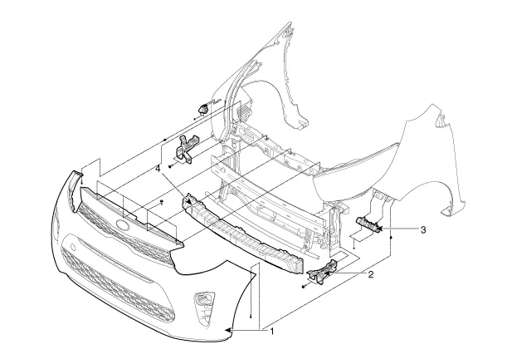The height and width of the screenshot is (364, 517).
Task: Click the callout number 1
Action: (272, 333)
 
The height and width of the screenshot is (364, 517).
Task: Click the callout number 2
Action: (371, 273)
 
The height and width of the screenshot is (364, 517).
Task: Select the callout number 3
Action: (423, 229)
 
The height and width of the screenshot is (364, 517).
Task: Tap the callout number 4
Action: (158, 170)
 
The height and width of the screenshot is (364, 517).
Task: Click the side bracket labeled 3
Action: (369, 224)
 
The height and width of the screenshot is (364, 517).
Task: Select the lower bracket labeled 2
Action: (324, 272)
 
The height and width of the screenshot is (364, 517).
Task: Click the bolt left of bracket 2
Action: (305, 286)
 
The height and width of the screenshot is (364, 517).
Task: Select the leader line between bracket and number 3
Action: (402, 228)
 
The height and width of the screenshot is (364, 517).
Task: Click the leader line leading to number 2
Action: (353, 272)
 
